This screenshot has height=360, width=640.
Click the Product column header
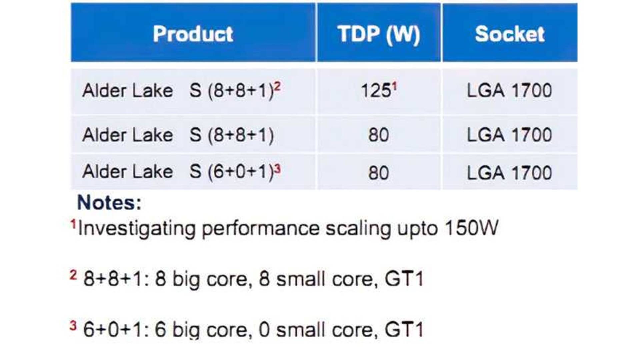193,34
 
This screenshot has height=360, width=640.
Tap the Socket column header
510,34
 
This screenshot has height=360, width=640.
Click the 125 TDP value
376,91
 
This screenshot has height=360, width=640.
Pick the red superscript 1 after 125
394,87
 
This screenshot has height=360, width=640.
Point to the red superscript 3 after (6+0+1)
277,169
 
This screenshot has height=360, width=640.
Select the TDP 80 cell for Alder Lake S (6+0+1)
379,173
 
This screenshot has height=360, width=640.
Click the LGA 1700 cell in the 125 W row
509,91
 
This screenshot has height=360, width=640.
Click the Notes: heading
109,202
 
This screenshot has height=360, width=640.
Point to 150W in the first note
472,228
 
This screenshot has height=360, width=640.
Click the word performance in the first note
261,229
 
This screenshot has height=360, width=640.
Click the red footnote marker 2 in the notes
73,275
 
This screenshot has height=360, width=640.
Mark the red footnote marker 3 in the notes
73,326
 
